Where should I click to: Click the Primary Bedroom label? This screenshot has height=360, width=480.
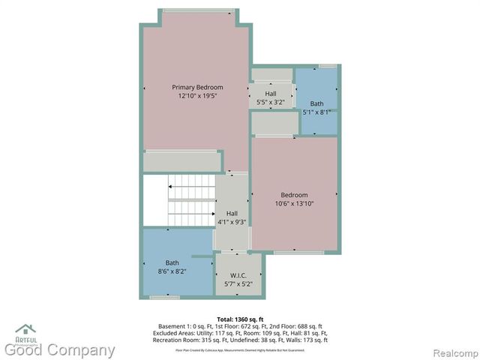coord(197,87)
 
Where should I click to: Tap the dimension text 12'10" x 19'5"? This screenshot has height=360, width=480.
coord(197,96)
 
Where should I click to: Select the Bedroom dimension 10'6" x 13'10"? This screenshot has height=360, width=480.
coord(294,203)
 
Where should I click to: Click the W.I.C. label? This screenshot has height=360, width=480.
coord(238,275)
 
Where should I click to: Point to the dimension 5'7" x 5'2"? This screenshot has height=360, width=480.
coord(238,284)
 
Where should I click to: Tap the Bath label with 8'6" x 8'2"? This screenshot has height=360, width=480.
coord(172,262)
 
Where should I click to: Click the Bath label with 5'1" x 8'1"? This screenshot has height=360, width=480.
coord(317,103)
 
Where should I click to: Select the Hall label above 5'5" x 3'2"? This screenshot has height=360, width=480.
coord(270,93)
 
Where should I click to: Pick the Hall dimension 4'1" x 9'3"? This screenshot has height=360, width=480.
coord(232,222)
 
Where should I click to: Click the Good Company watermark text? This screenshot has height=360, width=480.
coord(60,350)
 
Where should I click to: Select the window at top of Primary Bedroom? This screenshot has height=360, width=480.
coord(197,10)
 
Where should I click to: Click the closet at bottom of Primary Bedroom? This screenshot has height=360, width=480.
coord(182,160)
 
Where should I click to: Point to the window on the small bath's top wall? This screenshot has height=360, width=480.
coord(327,66)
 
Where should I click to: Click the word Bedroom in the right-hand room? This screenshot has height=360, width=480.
coord(294,195)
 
